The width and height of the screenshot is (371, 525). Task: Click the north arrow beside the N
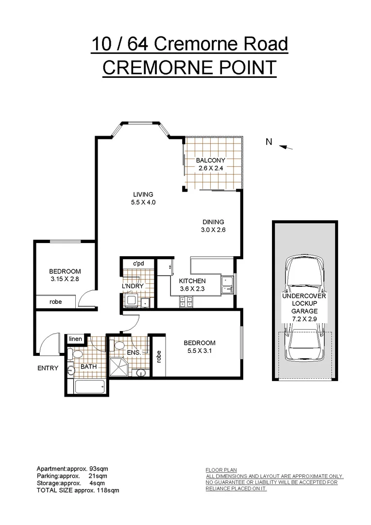287,147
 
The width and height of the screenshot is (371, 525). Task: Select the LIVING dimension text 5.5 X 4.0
143,203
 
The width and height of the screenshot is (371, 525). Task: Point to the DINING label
214,222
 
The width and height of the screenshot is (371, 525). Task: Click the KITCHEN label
192,281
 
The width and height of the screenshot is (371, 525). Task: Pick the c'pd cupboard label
138,264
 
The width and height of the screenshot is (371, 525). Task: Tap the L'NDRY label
133,286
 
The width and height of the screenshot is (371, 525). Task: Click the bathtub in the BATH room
90,388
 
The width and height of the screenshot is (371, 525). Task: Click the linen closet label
75,339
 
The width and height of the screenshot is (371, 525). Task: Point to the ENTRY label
48,368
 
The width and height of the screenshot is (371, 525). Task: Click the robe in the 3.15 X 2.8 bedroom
56,301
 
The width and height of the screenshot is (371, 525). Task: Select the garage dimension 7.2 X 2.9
305,319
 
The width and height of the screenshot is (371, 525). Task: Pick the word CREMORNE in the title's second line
155,67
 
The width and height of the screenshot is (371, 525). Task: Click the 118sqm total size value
108,491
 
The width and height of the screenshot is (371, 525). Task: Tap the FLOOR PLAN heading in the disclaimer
221,470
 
